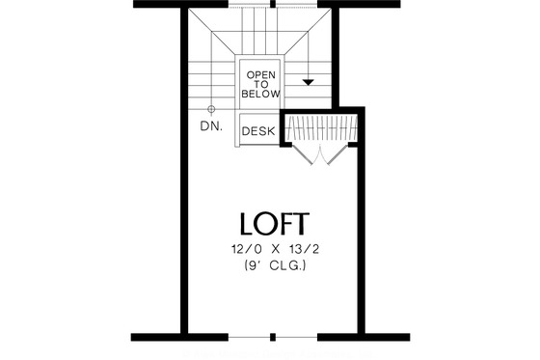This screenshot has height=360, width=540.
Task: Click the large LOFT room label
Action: coord(274,224)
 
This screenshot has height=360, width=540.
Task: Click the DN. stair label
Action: coord(212,126)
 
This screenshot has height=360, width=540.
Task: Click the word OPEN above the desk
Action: coord(261,74)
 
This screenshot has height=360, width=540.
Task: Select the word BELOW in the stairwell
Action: coord(261,95)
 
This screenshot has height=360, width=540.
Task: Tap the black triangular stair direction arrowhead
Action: coord(308,83)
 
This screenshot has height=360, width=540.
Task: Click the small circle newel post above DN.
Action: coord(212,109)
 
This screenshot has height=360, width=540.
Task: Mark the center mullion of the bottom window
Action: coord(274,338)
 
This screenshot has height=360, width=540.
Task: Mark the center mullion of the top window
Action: coord(274,4)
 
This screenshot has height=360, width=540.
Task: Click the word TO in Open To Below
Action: coord(261,85)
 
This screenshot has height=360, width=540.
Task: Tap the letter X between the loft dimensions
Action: coord(275,249)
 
